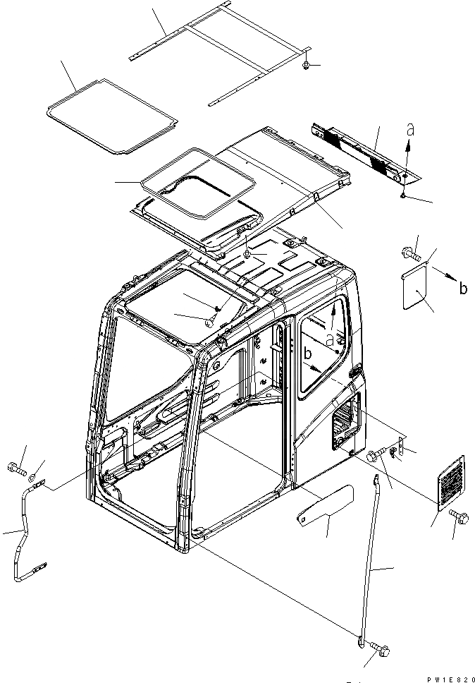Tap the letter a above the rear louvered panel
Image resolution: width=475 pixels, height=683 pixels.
tap(409, 130)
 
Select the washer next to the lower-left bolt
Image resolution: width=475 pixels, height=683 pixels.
tap(39, 466)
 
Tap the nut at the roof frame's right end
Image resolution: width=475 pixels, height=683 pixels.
tap(307, 66)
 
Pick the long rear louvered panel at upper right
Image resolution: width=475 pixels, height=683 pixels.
tap(363, 151)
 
